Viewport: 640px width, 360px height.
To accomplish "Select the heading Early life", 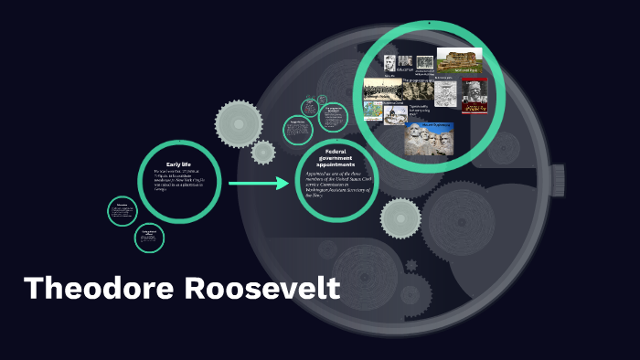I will coord(178,164).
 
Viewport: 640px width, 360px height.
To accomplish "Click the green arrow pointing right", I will coord(258,184).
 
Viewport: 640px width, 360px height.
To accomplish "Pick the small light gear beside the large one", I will coord(263,152).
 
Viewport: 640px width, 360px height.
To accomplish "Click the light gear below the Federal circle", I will coord(400,217).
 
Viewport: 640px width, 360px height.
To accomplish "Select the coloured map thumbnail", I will coord(374,111).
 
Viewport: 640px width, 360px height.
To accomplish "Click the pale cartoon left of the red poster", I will coord(445,92).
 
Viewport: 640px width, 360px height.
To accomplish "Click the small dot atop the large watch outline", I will coord(428,22).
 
